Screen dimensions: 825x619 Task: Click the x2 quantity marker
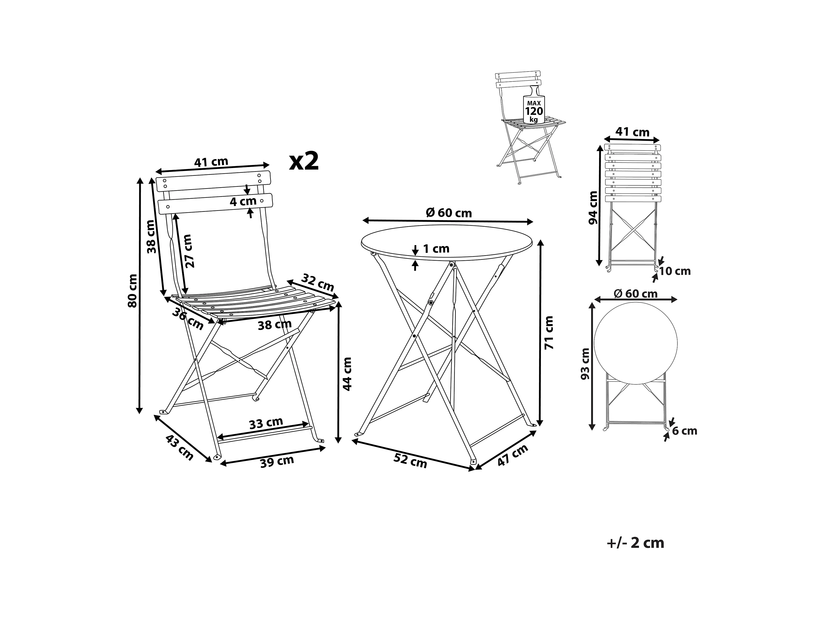pyautogui.click(x=304, y=161)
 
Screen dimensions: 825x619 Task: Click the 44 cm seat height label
pyautogui.click(x=347, y=374)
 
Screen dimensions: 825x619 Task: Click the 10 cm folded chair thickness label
pyautogui.click(x=675, y=271)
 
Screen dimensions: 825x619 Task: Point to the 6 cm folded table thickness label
pyautogui.click(x=684, y=431)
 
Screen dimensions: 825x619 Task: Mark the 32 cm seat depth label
pyautogui.click(x=317, y=282)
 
